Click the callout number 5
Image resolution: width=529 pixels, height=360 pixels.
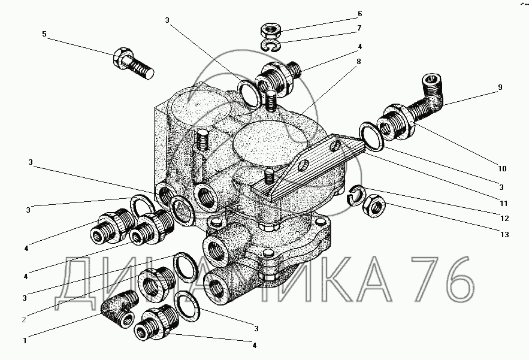click(44, 34)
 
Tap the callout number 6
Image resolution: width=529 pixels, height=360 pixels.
click(359, 14)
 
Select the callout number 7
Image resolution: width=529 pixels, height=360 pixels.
click(359, 28)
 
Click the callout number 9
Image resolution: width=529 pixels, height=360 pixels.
click(499, 87)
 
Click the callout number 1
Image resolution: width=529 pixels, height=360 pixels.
click(25, 341)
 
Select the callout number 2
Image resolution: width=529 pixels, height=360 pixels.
click(24, 320)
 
